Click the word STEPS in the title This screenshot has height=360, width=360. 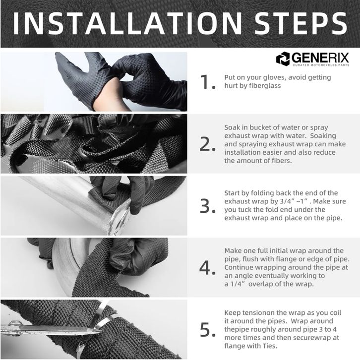[300, 24]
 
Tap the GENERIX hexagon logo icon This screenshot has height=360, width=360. [283, 59]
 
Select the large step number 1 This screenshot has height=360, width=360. [207, 82]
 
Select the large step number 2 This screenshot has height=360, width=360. [207, 144]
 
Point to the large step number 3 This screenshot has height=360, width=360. [207, 206]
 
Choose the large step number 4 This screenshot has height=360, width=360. [207, 268]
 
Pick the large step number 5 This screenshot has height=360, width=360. [207, 330]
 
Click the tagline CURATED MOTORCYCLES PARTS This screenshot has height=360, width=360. [321, 65]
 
